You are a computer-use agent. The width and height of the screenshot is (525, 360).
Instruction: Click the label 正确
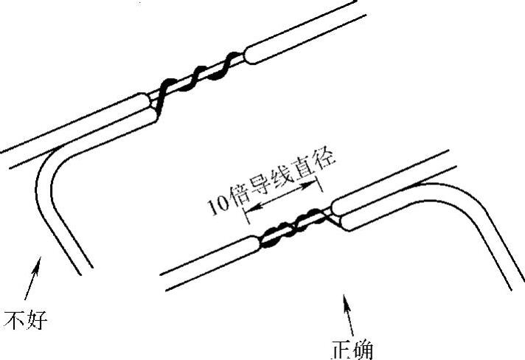click(352, 348)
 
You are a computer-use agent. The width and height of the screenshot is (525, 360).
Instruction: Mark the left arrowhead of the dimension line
click(249, 217)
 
